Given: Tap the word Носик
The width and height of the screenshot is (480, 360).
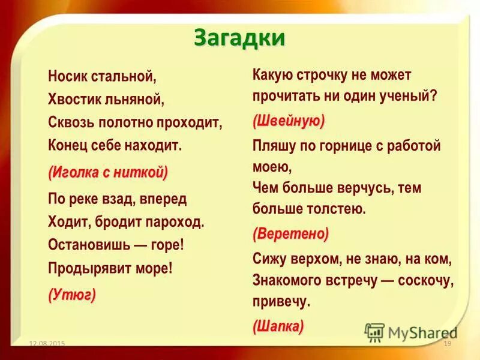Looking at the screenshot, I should (x=68, y=77).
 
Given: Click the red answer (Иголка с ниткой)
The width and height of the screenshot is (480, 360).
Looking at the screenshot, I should (x=108, y=173).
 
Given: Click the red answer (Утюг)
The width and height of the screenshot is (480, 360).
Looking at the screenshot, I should (x=72, y=295).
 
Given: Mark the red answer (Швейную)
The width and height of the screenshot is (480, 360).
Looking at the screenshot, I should (x=289, y=121).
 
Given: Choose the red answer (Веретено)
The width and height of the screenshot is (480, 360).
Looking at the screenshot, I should (x=291, y=233).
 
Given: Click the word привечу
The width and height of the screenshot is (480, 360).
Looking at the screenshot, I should (x=281, y=302).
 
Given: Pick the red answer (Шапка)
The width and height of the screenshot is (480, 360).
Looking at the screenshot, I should (x=278, y=326).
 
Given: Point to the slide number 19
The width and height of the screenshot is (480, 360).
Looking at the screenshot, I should (x=447, y=343).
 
